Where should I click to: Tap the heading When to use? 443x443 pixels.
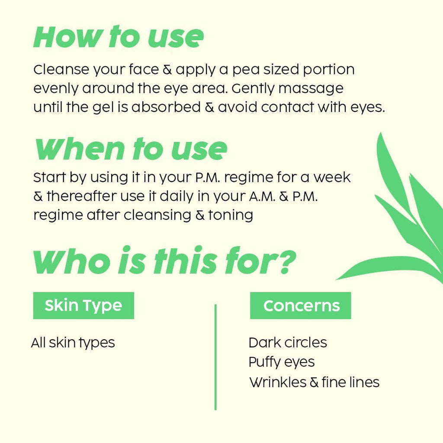click(x=130, y=149)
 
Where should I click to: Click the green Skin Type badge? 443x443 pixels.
click(x=83, y=305)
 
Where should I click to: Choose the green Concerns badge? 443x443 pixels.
click(x=301, y=306)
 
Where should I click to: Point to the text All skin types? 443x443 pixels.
click(x=73, y=343)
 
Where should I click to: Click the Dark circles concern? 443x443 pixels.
click(x=288, y=343)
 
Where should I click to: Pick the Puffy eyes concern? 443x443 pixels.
click(x=282, y=362)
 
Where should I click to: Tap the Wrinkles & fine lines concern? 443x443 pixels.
click(x=315, y=382)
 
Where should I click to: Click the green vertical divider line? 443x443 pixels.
click(x=215, y=357)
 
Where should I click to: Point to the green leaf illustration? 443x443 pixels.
click(x=402, y=216)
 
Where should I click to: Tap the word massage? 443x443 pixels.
click(x=311, y=89)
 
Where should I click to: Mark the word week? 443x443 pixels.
click(x=332, y=177)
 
